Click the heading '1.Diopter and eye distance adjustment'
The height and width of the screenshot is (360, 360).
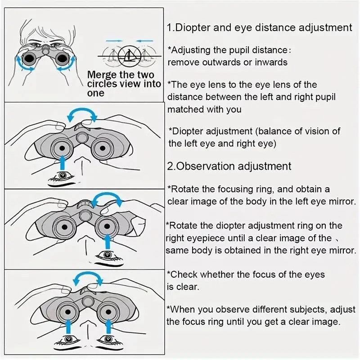(x=259, y=27)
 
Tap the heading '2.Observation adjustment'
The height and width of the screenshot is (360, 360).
(x=229, y=166)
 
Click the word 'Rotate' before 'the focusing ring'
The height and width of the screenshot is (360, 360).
(x=182, y=189)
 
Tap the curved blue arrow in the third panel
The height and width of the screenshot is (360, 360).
(x=107, y=199)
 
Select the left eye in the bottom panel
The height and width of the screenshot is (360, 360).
(x=67, y=338)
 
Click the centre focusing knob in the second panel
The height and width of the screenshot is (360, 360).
(x=81, y=137)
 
